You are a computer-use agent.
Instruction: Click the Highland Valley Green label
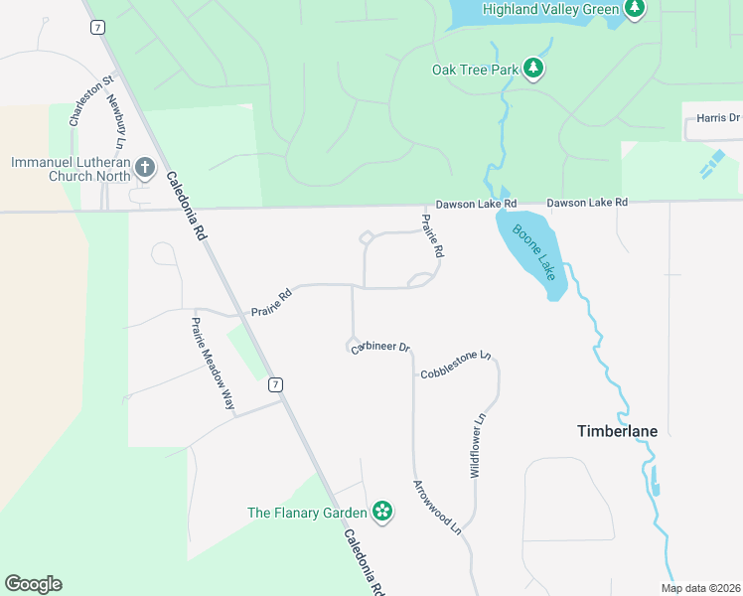[x=549, y=9]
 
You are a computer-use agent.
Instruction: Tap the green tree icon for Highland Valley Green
[x=636, y=9]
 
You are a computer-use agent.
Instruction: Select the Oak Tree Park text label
[x=476, y=70]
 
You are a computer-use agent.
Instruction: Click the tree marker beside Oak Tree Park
[x=534, y=69]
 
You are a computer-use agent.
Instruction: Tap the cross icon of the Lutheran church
[x=145, y=167]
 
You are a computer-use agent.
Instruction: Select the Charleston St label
[x=78, y=98]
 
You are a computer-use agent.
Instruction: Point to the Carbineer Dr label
[x=380, y=347]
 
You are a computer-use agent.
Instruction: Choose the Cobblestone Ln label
[x=456, y=365]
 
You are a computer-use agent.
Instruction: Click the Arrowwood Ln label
[x=438, y=507]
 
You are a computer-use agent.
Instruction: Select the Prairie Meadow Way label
[x=213, y=364]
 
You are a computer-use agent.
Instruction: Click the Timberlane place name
[x=617, y=431]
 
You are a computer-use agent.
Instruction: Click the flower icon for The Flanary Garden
[x=382, y=513]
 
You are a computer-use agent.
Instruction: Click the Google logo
[x=33, y=584]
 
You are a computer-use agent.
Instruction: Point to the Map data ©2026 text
[x=699, y=588]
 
